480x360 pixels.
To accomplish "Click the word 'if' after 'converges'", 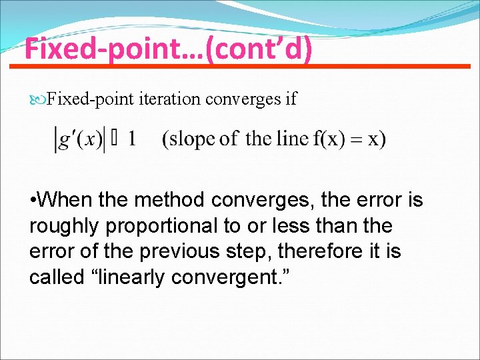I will coord(290,99).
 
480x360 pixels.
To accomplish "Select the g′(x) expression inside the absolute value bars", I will coord(79,139).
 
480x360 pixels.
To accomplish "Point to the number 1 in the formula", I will coord(132,139).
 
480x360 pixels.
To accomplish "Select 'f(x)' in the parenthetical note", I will coord(327,139).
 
